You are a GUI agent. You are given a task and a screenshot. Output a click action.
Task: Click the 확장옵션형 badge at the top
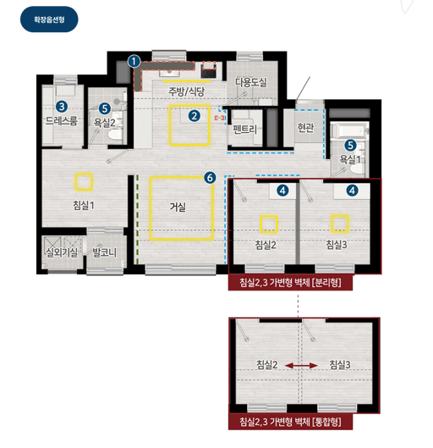(x=49, y=19)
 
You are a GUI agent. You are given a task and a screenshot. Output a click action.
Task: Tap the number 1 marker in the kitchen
(x=134, y=62)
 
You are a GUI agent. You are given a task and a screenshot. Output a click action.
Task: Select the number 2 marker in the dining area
(x=195, y=116)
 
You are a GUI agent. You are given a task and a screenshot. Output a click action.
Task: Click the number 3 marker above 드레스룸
(x=62, y=107)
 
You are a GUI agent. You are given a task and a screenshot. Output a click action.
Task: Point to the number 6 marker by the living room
(x=210, y=178)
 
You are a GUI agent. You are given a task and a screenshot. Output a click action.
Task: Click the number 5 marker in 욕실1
(x=350, y=146)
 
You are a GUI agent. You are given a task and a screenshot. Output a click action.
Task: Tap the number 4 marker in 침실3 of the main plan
(x=353, y=191)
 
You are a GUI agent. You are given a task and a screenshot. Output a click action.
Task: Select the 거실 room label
(x=178, y=207)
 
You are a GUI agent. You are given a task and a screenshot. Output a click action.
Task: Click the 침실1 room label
(x=83, y=205)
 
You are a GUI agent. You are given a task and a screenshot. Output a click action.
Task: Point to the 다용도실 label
(x=251, y=83)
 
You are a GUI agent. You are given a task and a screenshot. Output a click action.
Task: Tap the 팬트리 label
(x=244, y=130)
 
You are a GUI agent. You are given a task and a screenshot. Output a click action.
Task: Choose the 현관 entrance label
(x=305, y=127)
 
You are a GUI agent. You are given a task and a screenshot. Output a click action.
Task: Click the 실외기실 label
(x=62, y=252)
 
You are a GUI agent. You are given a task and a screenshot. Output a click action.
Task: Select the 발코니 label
(x=104, y=252)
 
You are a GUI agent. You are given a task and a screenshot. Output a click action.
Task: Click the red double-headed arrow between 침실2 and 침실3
(x=301, y=365)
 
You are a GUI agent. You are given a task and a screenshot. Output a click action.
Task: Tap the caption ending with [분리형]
(x=290, y=283)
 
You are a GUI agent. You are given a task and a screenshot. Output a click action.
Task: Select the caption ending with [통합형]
(x=290, y=422)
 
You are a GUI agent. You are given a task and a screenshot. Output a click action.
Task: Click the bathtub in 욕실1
(x=350, y=131)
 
